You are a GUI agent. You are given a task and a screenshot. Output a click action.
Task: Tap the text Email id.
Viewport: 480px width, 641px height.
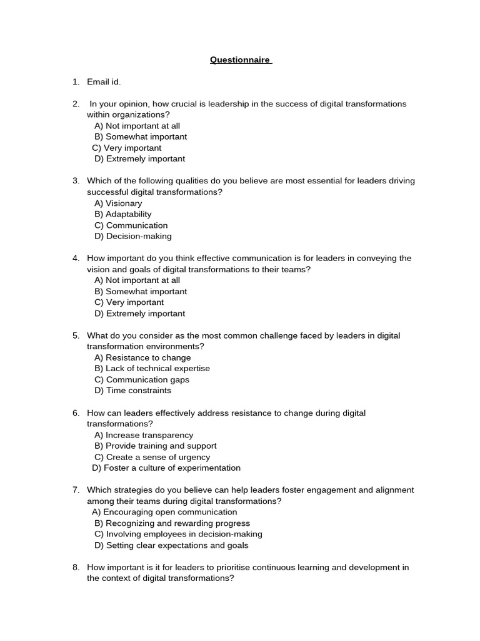coord(104,82)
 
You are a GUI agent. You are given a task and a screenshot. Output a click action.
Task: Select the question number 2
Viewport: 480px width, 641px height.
coord(76,104)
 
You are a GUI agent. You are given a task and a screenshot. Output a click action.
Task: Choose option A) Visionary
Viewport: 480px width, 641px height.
coord(118,203)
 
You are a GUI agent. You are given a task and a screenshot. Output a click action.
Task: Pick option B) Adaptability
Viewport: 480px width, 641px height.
coord(123,214)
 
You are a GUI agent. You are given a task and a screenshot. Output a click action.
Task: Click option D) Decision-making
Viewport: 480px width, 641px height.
coord(133,237)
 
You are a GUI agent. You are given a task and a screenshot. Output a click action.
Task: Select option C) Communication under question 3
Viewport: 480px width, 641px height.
coord(131,225)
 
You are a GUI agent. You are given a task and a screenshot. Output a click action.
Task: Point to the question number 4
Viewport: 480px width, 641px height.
coord(76,259)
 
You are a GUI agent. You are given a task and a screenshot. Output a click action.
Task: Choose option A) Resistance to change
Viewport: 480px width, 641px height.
coord(142,358)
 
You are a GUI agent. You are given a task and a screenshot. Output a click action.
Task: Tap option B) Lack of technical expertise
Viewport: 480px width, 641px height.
coord(152,369)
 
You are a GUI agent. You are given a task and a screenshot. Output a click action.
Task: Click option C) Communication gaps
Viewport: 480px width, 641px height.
coord(142,380)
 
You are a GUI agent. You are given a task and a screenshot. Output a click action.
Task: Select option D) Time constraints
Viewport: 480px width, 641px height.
coord(132,391)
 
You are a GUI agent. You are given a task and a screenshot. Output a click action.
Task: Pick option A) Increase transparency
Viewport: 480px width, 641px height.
coord(144,435)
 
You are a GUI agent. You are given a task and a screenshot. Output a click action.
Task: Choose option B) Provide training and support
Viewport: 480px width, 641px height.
coord(156,446)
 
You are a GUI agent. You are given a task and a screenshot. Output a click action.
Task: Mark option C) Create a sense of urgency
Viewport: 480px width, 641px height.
coord(152,458)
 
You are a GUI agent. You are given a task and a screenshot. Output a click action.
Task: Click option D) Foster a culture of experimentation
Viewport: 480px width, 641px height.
coord(166,468)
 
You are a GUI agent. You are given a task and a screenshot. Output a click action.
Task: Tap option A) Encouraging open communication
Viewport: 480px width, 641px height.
coord(164,512)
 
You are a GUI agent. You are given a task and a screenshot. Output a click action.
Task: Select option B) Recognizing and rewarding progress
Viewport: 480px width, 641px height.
coord(172,523)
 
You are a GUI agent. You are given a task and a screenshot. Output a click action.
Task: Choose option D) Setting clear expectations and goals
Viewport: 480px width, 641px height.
coord(171,546)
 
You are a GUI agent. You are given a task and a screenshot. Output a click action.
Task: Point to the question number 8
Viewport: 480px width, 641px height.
coord(76,568)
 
